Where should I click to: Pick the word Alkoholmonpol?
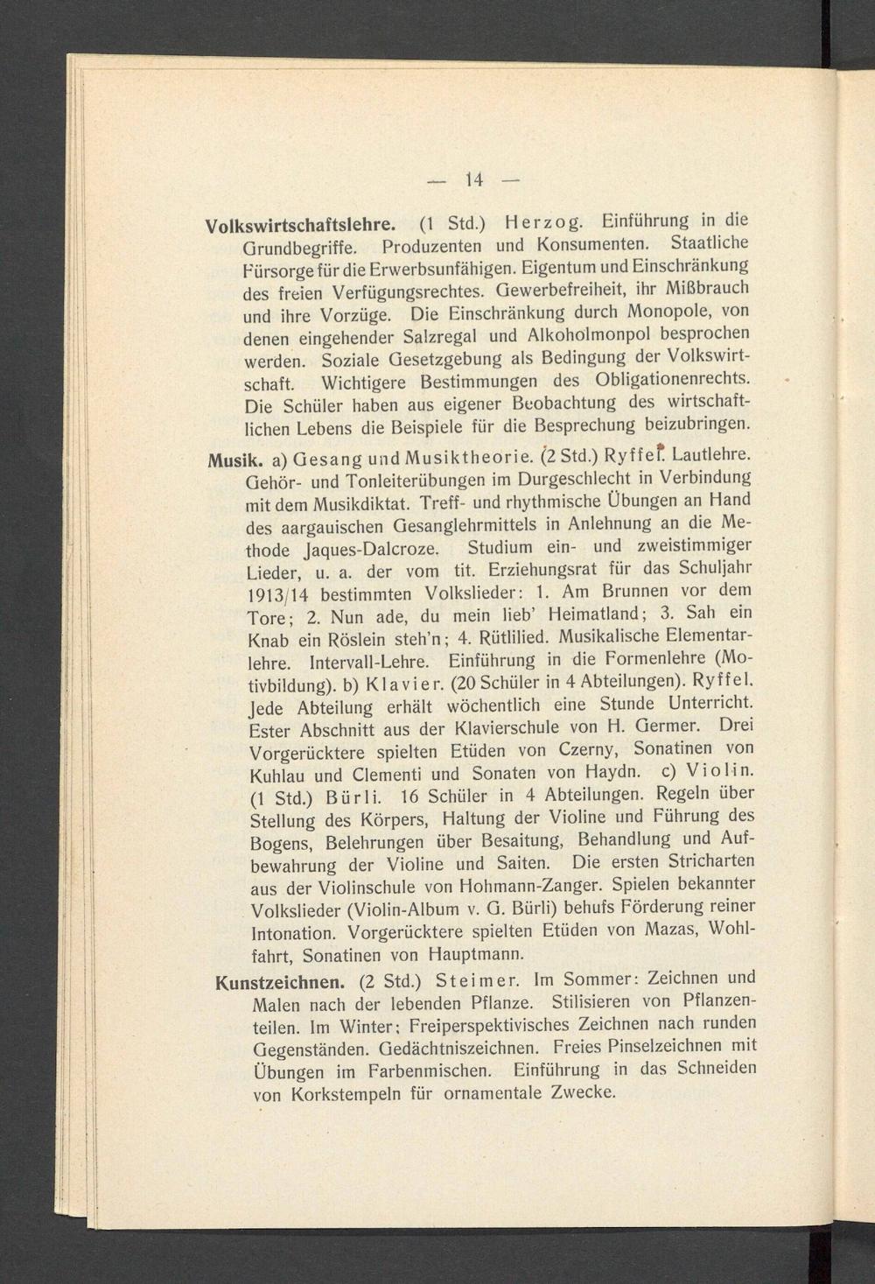point(597,333)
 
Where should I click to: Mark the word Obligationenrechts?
point(671,379)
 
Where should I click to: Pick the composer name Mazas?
point(666,929)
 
